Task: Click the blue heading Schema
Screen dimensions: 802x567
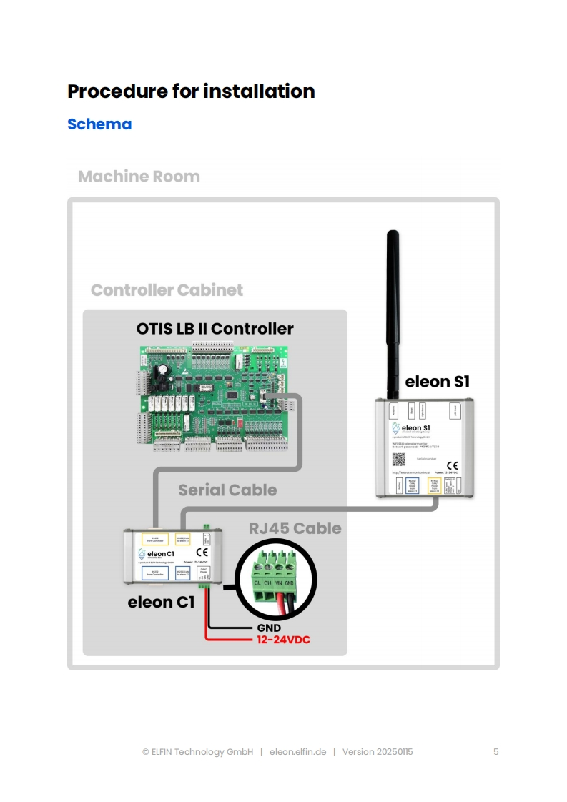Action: (x=99, y=124)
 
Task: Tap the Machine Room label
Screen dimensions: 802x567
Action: (x=139, y=177)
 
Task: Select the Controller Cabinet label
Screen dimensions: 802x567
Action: (x=167, y=290)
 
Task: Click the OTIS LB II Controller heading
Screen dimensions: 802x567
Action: (x=215, y=329)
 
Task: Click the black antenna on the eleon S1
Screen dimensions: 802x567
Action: (x=392, y=315)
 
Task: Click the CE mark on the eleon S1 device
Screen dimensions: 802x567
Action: (x=452, y=466)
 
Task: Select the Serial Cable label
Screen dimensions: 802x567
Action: (x=227, y=490)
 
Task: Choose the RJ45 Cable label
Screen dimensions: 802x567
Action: (x=295, y=529)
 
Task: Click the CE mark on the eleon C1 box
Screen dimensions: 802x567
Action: (x=202, y=552)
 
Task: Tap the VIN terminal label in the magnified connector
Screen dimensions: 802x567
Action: (x=279, y=583)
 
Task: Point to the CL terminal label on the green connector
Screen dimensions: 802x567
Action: (x=257, y=583)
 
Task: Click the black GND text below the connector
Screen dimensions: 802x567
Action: (x=268, y=628)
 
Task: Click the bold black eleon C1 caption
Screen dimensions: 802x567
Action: (x=161, y=603)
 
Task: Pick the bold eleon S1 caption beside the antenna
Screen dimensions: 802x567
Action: (x=437, y=382)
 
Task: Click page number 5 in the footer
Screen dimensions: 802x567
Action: (x=495, y=752)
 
